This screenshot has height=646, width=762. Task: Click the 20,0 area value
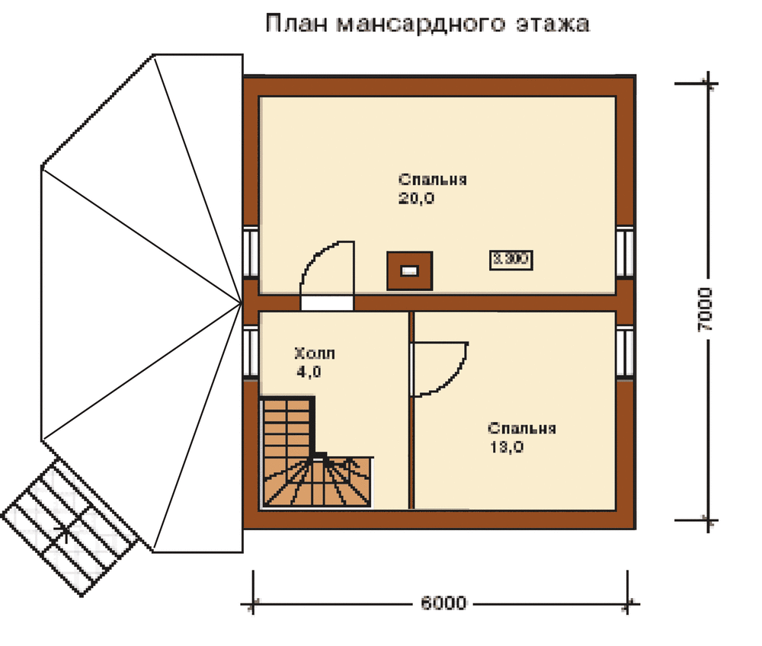coord(416,199)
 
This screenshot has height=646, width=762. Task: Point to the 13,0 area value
coord(507,447)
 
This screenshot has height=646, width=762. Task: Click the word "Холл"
coord(313,353)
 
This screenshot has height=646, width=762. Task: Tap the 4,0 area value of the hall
coord(309,373)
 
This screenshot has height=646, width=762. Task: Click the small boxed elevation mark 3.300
coord(511,260)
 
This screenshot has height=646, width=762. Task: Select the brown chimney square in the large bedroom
coord(410,270)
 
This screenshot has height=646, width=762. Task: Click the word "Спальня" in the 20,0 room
coord(432,181)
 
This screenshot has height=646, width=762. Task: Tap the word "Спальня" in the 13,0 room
coord(522,428)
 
